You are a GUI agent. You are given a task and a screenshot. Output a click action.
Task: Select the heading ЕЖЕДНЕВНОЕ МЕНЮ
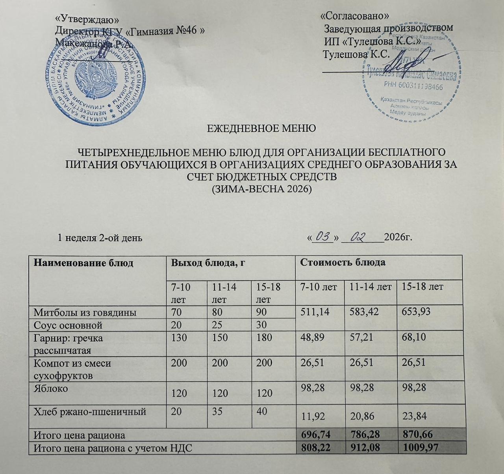pos(261,129)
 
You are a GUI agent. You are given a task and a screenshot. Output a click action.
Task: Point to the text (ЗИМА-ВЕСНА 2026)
pos(262,189)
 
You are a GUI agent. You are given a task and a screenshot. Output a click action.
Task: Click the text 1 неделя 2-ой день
pos(100,238)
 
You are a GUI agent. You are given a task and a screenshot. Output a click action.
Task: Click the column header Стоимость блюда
pos(343,263)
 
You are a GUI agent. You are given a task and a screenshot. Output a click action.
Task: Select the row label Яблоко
pos(51,388)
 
